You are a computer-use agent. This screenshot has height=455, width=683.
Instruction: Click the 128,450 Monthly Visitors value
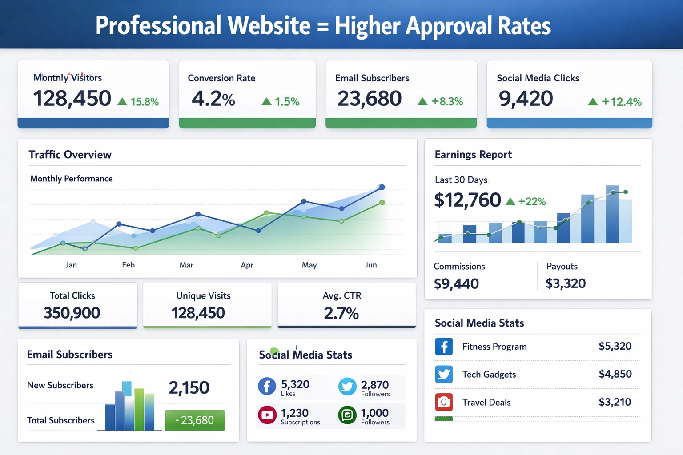coord(72,98)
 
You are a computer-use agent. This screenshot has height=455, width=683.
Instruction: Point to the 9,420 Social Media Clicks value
coord(526,98)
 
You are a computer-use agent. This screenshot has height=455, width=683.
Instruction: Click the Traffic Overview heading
coord(70,155)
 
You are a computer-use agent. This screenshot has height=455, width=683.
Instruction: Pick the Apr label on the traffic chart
coord(247,265)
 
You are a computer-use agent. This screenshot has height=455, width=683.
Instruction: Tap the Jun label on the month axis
coord(371,265)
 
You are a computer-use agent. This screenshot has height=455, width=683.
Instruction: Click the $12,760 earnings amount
coord(467,200)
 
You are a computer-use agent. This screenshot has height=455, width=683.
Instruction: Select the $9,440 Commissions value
coord(456,283)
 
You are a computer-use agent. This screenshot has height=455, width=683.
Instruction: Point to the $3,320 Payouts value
coord(566,283)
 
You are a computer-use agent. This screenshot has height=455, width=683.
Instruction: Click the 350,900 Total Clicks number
coord(72,313)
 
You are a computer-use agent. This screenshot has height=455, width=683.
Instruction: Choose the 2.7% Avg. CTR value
coord(341,313)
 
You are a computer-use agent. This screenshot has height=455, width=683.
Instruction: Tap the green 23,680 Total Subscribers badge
coord(195,420)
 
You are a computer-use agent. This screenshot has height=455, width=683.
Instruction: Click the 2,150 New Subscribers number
coord(189,387)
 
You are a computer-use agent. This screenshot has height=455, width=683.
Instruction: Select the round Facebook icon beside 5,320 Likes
coord(267,386)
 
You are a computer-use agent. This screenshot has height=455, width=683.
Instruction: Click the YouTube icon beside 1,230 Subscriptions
coord(267,415)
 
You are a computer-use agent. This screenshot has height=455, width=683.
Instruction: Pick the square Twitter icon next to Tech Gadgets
coord(444,374)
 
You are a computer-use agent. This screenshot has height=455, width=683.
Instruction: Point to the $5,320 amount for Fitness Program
coord(615,346)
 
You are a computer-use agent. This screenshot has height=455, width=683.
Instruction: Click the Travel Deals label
coord(486,403)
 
